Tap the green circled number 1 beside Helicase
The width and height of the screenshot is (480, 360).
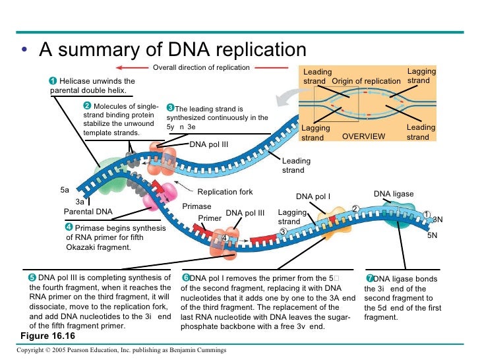point(53,81)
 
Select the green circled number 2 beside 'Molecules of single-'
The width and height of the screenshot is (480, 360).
point(86,106)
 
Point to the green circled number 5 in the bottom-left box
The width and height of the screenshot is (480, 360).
point(32,278)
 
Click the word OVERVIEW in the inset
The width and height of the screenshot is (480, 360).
point(363,136)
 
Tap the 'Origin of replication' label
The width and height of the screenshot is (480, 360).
point(366,81)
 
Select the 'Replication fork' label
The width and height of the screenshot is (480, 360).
point(225,192)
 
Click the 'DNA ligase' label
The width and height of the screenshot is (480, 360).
point(394,194)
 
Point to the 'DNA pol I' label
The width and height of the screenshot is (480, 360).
point(313,196)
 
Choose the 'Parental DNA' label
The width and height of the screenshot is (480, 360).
point(88,212)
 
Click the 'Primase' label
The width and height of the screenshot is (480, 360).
point(196,206)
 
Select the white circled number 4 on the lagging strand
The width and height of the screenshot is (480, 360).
point(225,237)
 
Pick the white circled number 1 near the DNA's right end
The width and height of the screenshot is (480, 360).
point(427,215)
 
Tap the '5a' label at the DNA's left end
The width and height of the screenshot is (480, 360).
point(65,190)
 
